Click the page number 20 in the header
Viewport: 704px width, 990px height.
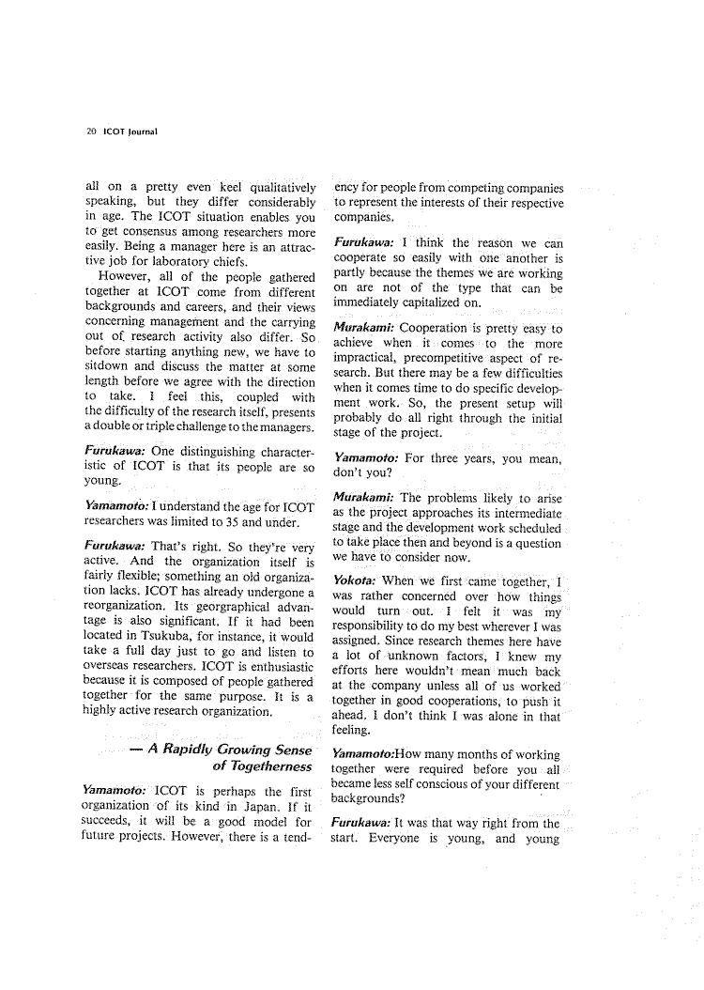90,131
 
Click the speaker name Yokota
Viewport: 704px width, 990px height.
356,580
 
